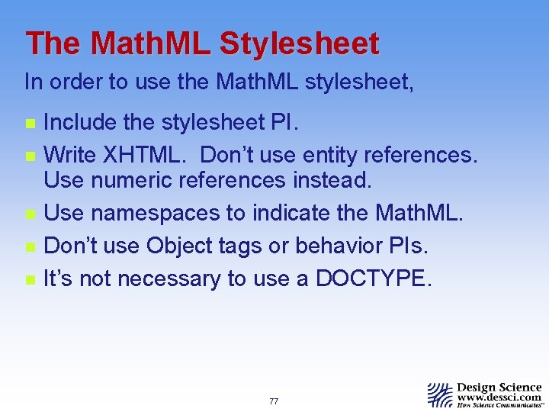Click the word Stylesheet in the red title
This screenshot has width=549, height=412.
pos(299,44)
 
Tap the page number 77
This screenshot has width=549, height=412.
pos(274,401)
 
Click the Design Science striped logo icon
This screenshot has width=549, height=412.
pos(440,394)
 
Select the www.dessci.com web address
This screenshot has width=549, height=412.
pos(499,397)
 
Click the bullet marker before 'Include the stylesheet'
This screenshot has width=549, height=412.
pos(29,124)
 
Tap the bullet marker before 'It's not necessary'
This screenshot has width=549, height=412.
pos(29,280)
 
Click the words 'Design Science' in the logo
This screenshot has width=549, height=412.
pos(499,387)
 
